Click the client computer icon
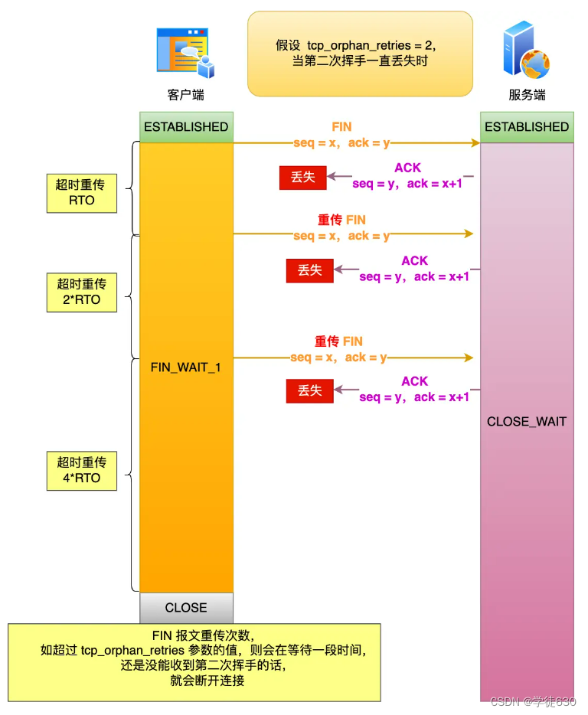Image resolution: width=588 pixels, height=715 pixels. click(185, 53)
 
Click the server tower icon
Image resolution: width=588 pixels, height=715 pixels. click(525, 52)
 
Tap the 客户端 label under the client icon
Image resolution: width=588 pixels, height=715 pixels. click(185, 95)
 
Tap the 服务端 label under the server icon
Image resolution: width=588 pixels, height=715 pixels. click(527, 95)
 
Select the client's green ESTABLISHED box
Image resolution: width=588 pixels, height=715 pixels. click(186, 127)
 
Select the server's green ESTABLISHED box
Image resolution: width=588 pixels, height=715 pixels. click(527, 127)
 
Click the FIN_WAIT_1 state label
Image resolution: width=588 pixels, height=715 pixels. click(186, 367)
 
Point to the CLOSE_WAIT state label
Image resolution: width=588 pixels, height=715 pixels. click(527, 422)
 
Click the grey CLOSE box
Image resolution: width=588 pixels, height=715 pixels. click(186, 608)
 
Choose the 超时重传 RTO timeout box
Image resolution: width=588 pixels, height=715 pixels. click(81, 192)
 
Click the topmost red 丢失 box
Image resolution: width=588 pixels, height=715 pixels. click(302, 178)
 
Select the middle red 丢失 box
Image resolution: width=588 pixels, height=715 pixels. click(309, 270)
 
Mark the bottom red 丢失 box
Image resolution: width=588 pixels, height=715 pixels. click(309, 391)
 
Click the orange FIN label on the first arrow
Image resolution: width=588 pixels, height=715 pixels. click(341, 127)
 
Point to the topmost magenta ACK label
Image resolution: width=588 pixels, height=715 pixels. click(407, 168)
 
